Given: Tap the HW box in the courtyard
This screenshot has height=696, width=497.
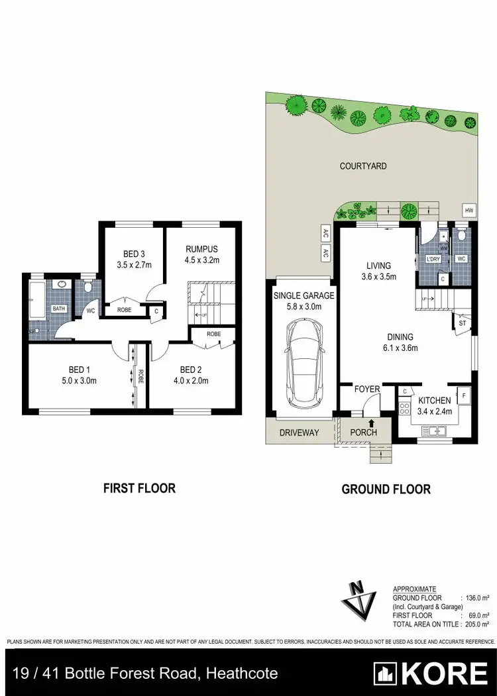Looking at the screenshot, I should coord(469,211).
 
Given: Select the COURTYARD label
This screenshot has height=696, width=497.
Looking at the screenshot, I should coord(363,166).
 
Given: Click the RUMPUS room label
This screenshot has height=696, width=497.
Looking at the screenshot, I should coord(201,249).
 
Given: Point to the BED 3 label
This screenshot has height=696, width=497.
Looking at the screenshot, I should coord(135,254).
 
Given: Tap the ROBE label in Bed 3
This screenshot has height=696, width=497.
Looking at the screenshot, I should coord(124,309).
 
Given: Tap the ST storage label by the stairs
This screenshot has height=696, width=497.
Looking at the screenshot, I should coord(462,324).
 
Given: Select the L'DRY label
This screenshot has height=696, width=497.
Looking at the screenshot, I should coord(433,258).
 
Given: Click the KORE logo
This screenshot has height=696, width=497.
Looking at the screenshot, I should coord(431,674).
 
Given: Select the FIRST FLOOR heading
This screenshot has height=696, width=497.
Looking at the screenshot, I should coord(139,488).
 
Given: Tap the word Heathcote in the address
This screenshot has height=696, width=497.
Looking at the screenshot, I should coord(242,674).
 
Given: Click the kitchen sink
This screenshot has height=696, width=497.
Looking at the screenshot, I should coord(436,431).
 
